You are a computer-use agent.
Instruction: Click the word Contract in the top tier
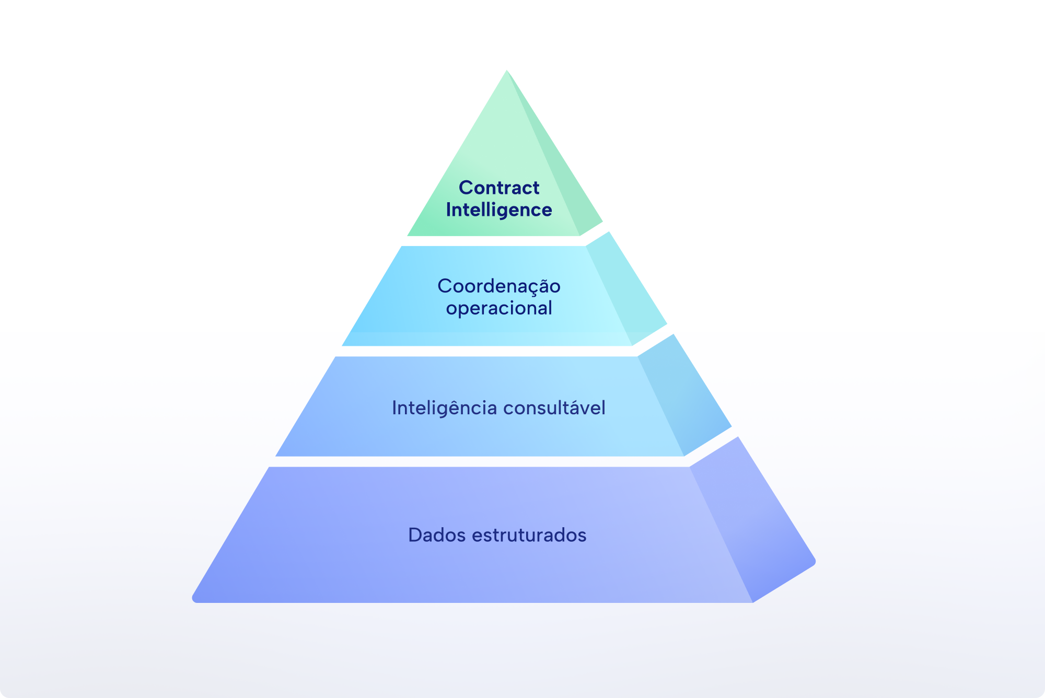499,188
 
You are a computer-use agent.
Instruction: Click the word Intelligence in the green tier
499,210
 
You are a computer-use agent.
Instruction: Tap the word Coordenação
499,286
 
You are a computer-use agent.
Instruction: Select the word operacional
499,308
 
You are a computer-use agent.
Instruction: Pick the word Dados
437,535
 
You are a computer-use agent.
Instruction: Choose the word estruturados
529,536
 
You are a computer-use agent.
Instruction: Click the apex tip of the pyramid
507,70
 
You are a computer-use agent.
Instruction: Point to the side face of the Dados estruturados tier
752,520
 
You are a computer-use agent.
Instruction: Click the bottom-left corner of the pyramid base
194,600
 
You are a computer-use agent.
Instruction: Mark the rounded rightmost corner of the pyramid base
814,562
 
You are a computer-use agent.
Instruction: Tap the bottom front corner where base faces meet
753,602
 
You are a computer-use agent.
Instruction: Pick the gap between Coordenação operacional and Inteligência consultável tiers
486,351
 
